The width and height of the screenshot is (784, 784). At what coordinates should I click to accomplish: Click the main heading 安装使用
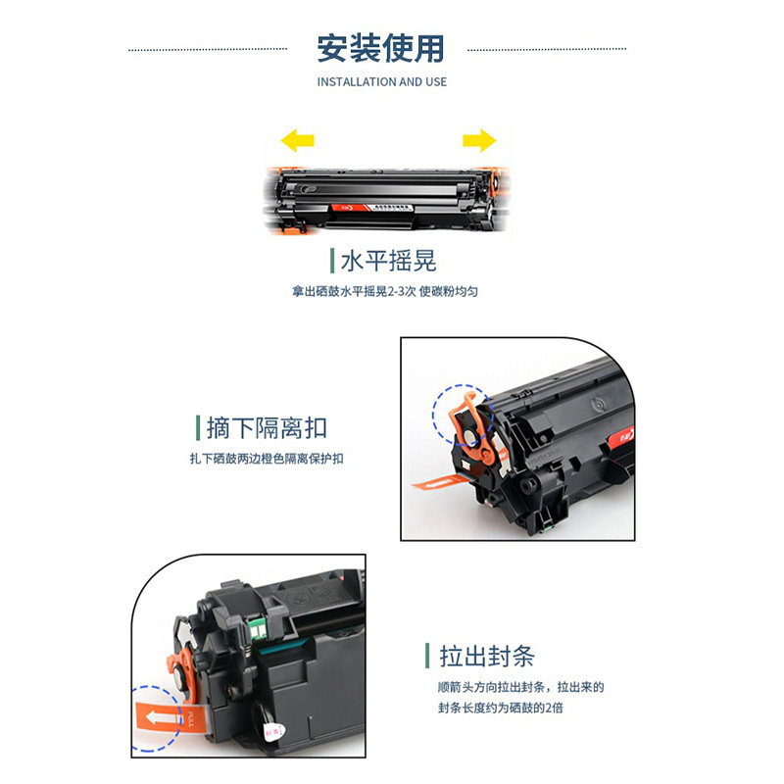[x=380, y=47]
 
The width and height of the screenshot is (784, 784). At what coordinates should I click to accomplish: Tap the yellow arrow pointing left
[x=297, y=141]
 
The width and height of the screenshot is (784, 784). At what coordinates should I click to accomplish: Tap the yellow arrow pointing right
[x=479, y=141]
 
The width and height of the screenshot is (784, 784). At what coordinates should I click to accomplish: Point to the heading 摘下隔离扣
[x=267, y=428]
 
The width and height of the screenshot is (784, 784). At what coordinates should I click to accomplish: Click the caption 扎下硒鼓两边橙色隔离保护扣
[x=267, y=459]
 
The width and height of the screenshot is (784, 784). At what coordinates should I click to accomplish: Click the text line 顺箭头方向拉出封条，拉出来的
[x=520, y=688]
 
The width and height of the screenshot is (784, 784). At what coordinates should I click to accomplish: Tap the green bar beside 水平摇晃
[x=333, y=261]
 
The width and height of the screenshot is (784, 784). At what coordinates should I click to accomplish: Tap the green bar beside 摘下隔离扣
[x=198, y=428]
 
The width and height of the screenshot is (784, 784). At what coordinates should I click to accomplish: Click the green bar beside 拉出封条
[x=427, y=657]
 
